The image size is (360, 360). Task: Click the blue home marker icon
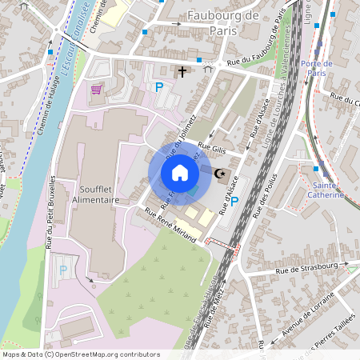[180, 173]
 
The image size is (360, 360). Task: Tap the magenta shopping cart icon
[97, 89]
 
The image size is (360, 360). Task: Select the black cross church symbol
[182, 73]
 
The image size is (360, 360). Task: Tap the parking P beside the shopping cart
[158, 87]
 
